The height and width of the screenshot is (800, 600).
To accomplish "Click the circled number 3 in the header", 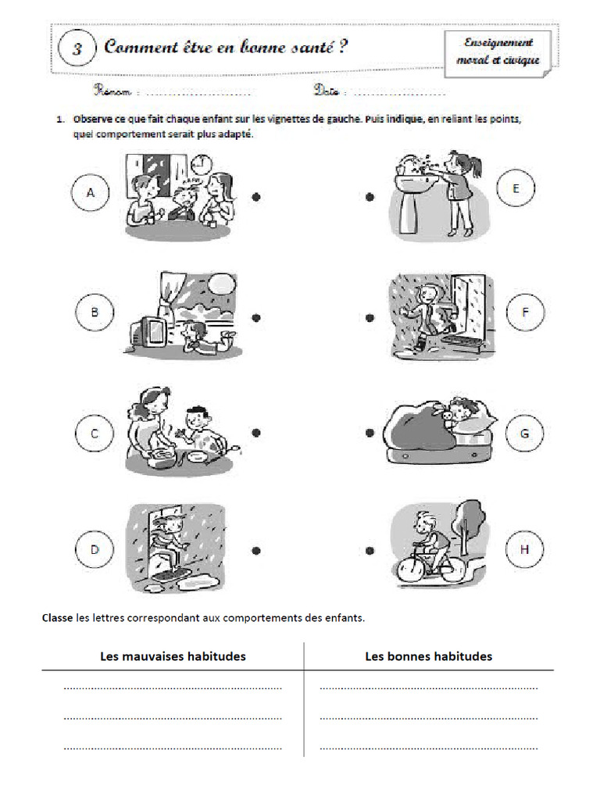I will (77, 48).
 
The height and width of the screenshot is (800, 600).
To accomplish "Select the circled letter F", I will (525, 313).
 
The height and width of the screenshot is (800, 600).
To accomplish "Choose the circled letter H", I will (525, 550).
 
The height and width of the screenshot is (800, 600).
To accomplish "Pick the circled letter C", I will (93, 432).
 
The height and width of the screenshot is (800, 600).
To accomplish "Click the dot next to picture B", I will (256, 317).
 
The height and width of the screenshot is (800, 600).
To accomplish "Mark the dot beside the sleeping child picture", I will (370, 432).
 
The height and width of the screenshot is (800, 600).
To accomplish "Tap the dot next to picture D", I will (256, 550).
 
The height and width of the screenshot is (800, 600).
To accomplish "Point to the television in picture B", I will (148, 331).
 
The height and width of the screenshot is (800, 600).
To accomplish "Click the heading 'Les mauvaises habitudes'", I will (173, 656).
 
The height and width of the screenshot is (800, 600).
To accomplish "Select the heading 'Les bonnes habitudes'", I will (429, 656).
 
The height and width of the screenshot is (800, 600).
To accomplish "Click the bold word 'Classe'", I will (58, 617).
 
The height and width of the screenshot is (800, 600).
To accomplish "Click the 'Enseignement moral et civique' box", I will (498, 52).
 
